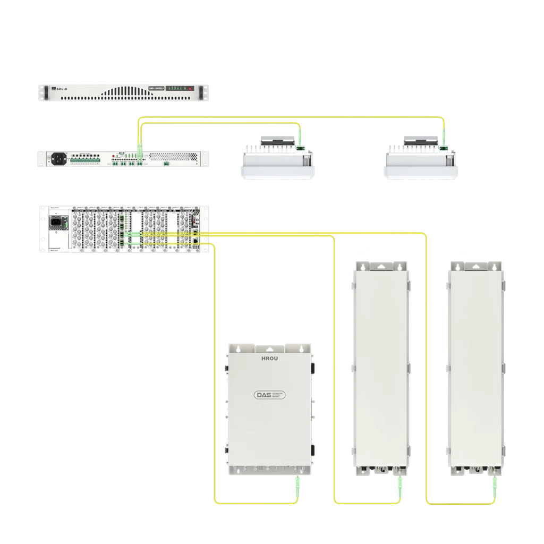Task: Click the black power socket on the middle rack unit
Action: (x=58, y=158)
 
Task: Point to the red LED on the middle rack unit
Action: (x=114, y=155)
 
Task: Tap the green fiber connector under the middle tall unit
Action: (x=397, y=482)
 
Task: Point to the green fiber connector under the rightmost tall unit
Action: (x=495, y=482)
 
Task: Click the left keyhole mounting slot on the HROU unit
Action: (x=239, y=349)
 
